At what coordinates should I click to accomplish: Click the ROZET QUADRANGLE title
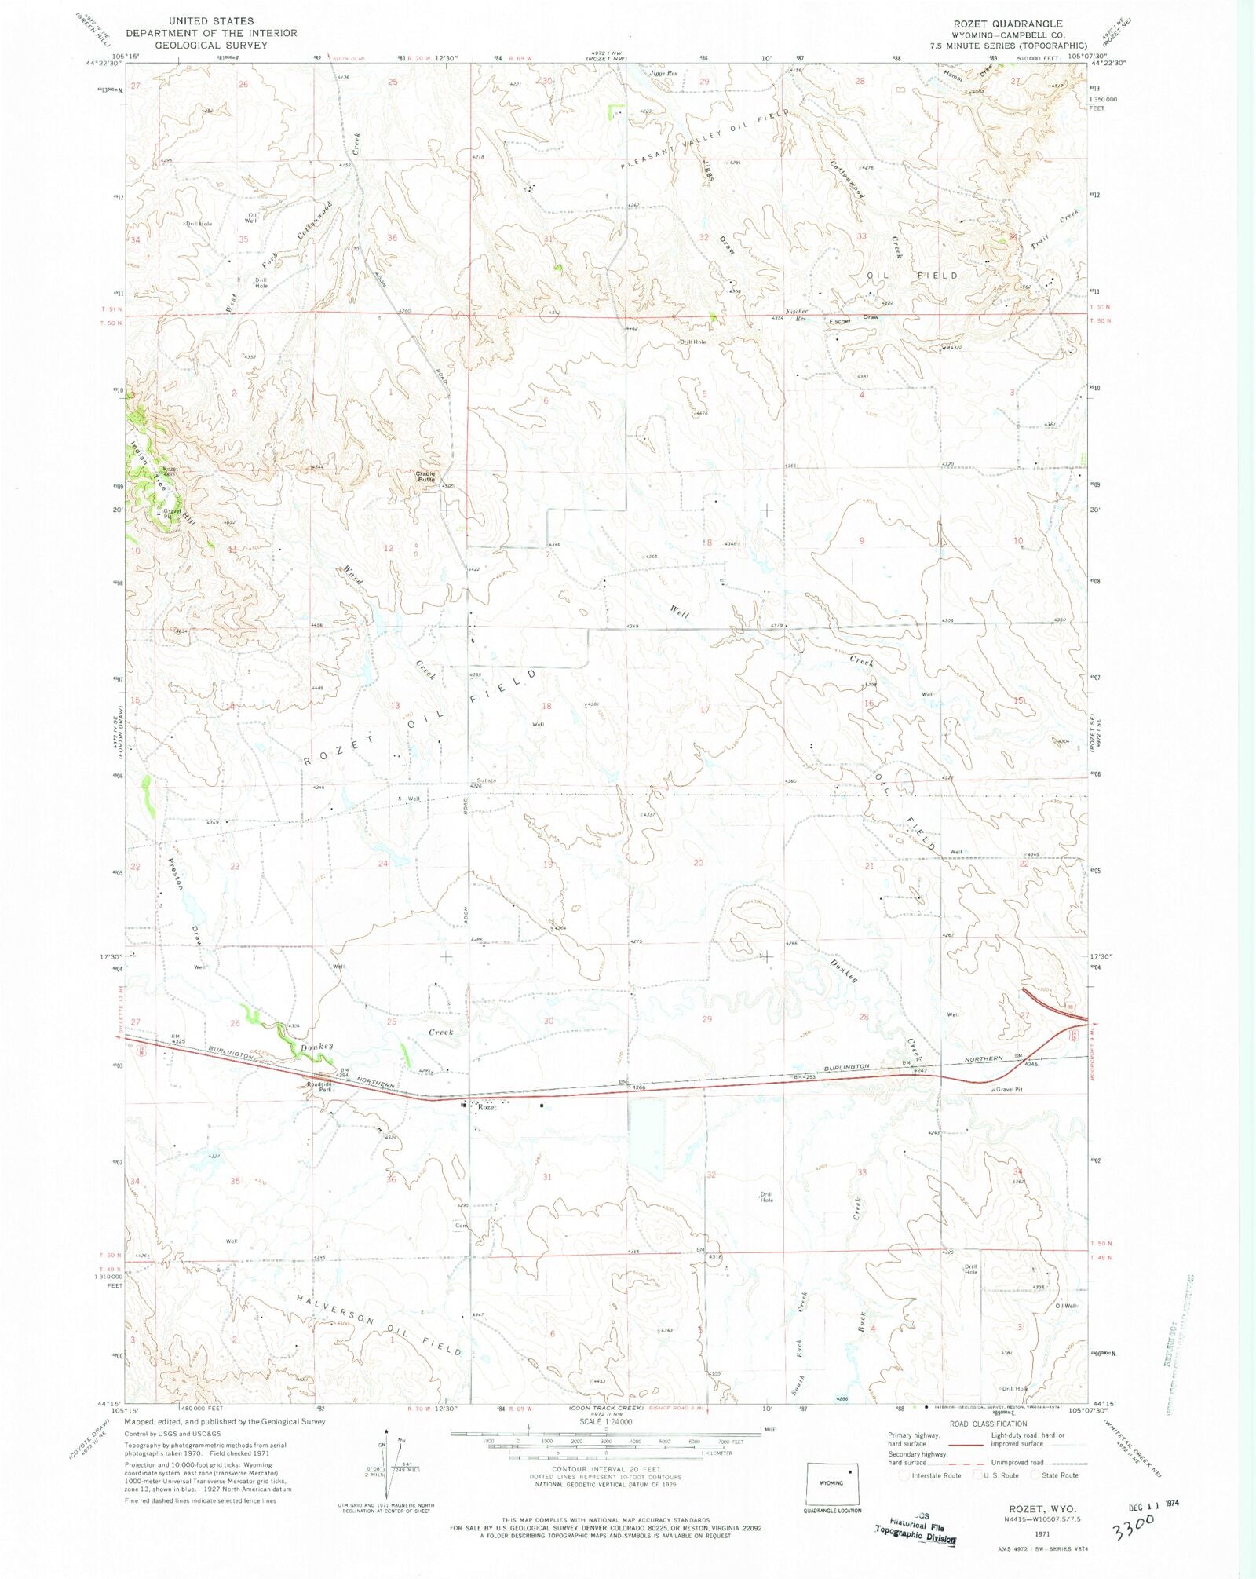(x=1019, y=24)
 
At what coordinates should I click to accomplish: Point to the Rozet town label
(x=487, y=1107)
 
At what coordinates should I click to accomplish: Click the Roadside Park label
(x=320, y=1086)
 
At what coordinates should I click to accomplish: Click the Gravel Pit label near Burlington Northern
(x=1009, y=1089)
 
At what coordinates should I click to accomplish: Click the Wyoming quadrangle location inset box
(x=832, y=1483)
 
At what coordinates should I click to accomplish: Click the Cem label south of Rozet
(x=460, y=1226)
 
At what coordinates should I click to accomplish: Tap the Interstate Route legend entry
(x=936, y=1475)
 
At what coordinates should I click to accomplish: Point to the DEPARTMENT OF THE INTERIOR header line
(x=211, y=33)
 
